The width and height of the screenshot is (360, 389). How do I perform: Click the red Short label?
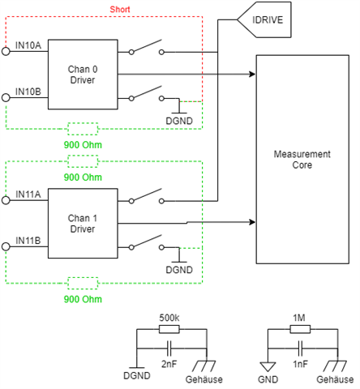pos(120,10)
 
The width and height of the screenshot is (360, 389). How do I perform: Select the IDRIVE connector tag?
pos(264,19)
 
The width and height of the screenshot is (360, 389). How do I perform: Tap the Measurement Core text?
pos(302,160)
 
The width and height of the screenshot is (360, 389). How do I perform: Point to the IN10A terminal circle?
pos(6,51)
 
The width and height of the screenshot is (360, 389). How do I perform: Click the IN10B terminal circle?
pos(6,97)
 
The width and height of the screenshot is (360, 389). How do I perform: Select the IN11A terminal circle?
pos(6,200)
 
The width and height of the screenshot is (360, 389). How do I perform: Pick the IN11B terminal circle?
pos(6,246)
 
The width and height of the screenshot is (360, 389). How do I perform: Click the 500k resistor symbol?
pos(169,329)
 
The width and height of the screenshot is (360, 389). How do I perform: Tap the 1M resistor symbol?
pos(300,329)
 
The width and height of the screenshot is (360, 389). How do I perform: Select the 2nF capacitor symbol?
pos(169,348)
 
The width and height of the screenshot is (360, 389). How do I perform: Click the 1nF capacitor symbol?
pos(300,348)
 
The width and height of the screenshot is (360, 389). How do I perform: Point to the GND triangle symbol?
pos(268,367)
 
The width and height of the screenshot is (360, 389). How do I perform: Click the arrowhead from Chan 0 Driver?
pos(252,74)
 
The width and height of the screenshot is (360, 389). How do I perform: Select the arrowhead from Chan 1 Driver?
pos(252,222)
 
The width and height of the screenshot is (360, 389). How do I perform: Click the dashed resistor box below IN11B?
pos(83,283)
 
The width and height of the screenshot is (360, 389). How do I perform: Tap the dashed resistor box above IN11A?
pos(83,161)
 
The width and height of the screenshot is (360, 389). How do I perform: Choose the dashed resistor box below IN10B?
pos(83,129)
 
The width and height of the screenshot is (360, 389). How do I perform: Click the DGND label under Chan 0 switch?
pos(179,121)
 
